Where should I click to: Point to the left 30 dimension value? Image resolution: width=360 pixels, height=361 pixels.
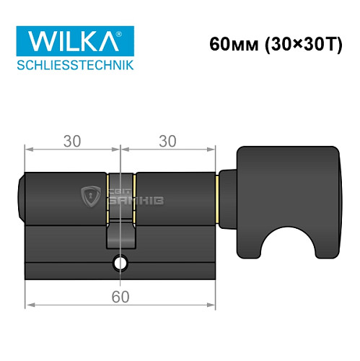point(71,142)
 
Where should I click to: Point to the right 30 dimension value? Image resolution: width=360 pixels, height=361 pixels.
point(167,142)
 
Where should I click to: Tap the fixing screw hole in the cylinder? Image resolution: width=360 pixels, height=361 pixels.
point(120,264)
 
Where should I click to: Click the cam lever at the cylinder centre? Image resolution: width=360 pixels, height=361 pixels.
point(120,235)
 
